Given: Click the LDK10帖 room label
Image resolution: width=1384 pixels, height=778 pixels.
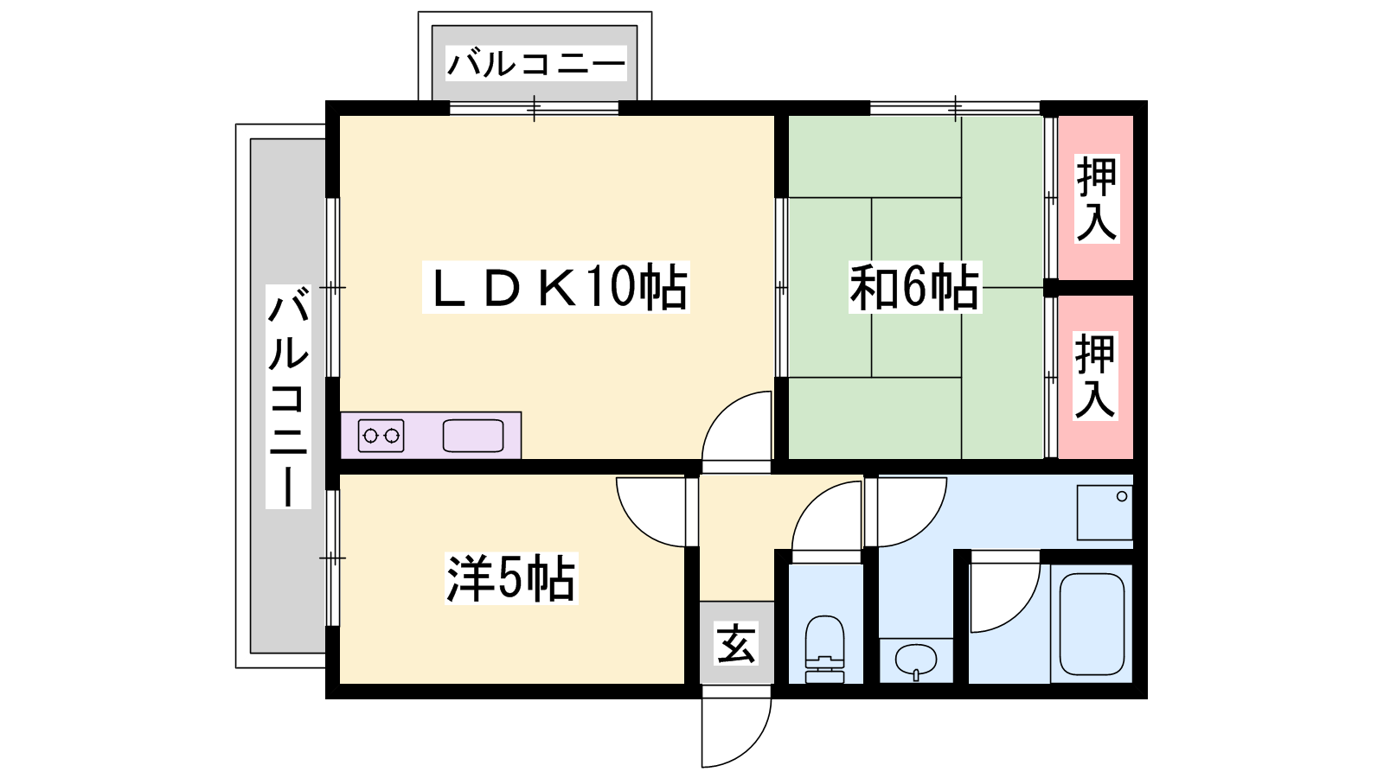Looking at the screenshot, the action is click(555, 287).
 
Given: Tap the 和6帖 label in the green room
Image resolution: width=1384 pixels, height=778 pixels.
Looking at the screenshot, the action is click(915, 288).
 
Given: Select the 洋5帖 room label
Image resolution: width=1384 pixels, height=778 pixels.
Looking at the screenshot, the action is click(511, 578).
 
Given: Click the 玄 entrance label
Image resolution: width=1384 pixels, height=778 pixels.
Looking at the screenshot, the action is click(736, 643).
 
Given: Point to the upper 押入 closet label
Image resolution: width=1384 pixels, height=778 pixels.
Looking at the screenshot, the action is click(1097, 198).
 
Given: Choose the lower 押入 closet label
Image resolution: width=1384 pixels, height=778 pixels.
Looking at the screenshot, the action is click(1095, 375).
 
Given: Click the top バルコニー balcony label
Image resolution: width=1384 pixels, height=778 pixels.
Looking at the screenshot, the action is click(536, 64).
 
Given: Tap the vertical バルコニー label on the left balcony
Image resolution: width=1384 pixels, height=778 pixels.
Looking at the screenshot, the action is click(288, 397).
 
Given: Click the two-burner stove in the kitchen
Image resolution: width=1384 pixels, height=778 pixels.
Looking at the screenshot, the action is click(381, 436).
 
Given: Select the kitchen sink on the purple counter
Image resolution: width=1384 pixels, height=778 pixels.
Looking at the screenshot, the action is click(473, 436).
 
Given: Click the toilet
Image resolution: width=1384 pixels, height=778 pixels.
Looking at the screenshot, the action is click(825, 649).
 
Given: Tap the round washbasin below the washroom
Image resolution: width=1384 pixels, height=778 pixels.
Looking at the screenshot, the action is click(916, 661).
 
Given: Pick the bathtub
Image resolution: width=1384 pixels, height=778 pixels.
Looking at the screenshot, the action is click(1092, 624).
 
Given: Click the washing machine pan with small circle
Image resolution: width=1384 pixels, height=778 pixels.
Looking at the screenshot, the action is click(1105, 513).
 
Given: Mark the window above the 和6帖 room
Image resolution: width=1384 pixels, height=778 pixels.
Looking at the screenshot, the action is click(955, 109).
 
